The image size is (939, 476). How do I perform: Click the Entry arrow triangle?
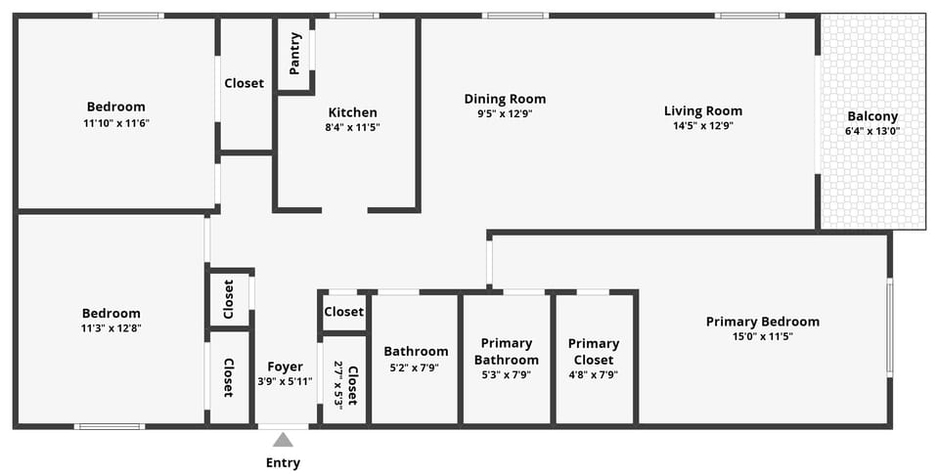point(283,440)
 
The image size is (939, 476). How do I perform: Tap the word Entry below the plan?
point(283,462)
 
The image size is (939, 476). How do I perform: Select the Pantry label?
point(295,54)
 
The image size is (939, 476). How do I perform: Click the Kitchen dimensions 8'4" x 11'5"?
point(352,127)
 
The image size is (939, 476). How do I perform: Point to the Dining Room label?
point(505,99)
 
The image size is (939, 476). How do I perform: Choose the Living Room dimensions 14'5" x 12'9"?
point(702,125)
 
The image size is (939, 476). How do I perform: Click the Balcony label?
point(872,116)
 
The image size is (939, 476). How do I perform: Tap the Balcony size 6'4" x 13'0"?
point(872,131)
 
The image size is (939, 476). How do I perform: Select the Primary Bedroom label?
point(763,322)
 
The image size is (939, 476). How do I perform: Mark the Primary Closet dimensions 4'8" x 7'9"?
point(594,374)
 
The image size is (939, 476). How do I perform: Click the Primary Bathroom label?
point(506,351)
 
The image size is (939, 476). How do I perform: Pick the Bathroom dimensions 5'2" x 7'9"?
point(416,368)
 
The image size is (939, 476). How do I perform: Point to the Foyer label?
point(285,367)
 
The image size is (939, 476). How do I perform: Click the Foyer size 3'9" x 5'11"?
point(285,381)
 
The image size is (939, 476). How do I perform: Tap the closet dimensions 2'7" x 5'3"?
point(338,385)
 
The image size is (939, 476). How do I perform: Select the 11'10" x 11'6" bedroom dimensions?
point(116,123)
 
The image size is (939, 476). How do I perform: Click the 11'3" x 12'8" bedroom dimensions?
point(111,328)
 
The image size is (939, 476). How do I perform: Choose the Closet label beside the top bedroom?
point(244,83)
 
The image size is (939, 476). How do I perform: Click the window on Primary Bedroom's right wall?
point(889,327)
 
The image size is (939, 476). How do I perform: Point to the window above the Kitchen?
point(353,16)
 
